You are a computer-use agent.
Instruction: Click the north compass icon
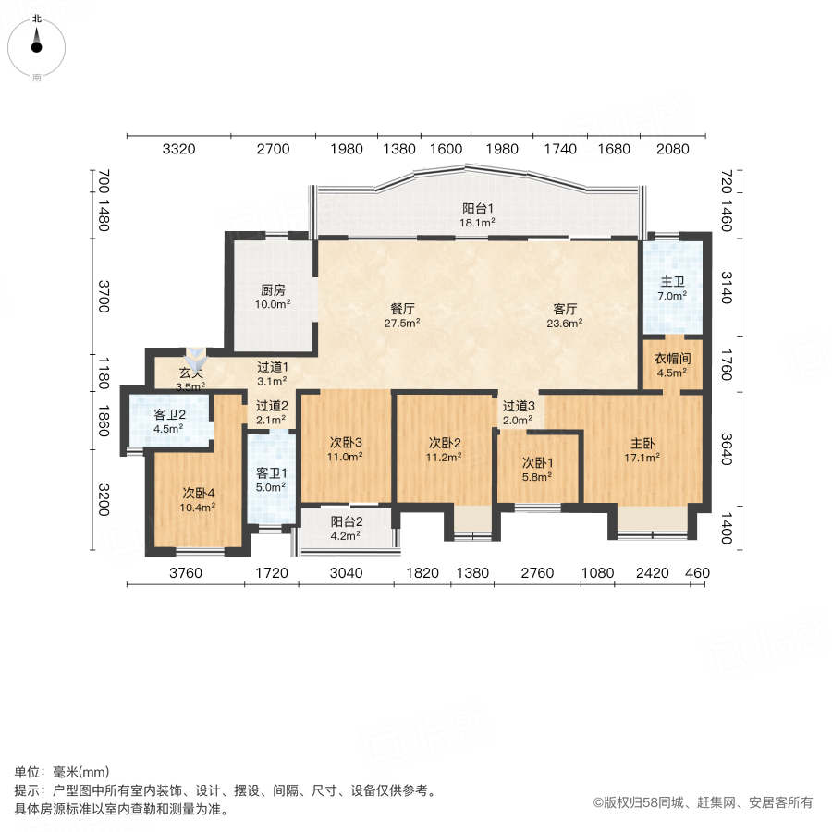[37, 43]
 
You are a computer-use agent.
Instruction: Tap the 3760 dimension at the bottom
[185, 573]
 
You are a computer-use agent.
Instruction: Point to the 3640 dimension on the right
[727, 449]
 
